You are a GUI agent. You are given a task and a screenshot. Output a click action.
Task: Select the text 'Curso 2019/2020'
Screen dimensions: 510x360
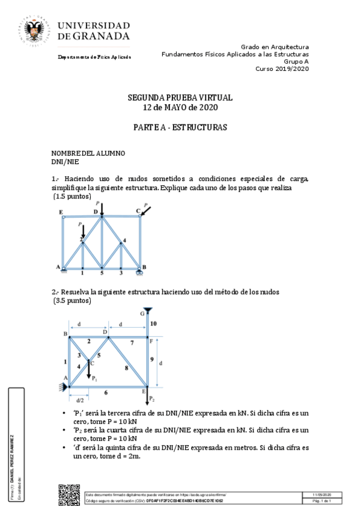pyautogui.click(x=282, y=69)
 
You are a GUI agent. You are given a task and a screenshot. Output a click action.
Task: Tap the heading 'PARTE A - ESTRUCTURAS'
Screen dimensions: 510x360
pyautogui.click(x=180, y=128)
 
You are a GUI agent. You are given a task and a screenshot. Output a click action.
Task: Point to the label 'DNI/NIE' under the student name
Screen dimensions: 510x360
pyautogui.click(x=66, y=161)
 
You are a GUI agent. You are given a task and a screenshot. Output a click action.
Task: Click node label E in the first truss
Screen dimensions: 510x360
pyautogui.click(x=61, y=212)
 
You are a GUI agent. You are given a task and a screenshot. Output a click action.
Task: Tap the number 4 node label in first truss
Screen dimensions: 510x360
pyautogui.click(x=124, y=241)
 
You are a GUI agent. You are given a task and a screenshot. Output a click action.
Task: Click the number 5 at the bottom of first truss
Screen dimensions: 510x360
pyautogui.click(x=102, y=274)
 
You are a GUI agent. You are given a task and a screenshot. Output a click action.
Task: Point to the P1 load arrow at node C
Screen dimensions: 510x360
pyautogui.click(x=89, y=370)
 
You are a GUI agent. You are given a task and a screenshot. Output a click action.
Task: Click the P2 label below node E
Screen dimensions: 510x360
pyautogui.click(x=152, y=398)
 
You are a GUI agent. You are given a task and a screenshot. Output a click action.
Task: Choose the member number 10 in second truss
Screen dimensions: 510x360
pyautogui.click(x=153, y=324)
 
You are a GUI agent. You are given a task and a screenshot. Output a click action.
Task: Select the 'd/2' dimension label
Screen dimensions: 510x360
pyautogui.click(x=79, y=399)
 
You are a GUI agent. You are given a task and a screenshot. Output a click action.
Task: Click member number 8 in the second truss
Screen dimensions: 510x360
pyautogui.click(x=126, y=367)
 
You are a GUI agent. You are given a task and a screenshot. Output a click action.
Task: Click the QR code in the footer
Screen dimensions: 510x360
pyautogui.click(x=69, y=494)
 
